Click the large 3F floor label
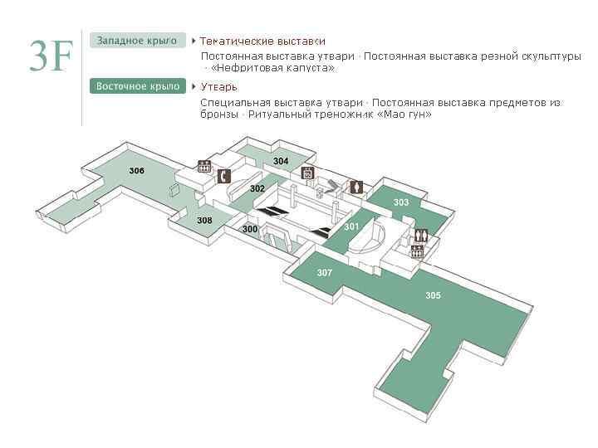click(x=51, y=55)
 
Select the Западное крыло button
click(x=138, y=41)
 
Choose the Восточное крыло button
click(x=138, y=86)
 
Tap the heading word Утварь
click(x=219, y=86)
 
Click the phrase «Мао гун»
click(x=404, y=114)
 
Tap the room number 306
click(x=137, y=170)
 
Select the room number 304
click(x=281, y=161)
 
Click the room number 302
click(x=257, y=188)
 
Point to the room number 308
click(x=204, y=220)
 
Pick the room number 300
click(x=250, y=229)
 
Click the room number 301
click(x=351, y=226)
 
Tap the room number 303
click(x=401, y=202)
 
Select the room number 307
click(x=325, y=272)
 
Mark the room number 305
click(x=433, y=295)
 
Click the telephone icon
click(x=223, y=176)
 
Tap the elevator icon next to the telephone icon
click(x=204, y=166)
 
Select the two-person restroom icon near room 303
click(x=421, y=235)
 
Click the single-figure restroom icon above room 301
click(x=356, y=187)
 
